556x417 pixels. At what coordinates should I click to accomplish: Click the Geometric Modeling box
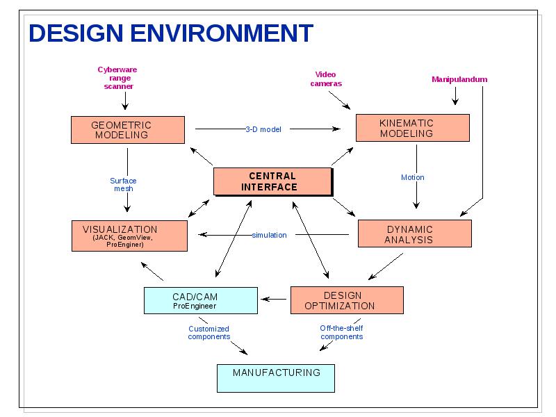(x=128, y=130)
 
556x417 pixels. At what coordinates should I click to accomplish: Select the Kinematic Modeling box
(x=413, y=128)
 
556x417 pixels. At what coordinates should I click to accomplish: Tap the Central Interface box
(x=273, y=181)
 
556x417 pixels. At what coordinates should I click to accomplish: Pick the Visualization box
(x=129, y=236)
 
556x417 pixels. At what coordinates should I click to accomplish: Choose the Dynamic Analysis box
(x=415, y=234)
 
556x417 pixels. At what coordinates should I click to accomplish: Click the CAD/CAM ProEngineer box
(x=201, y=300)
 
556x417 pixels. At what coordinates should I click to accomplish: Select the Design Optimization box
(x=347, y=300)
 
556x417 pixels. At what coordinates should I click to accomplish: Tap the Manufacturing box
(x=276, y=378)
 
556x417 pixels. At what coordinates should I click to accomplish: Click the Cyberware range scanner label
(x=117, y=78)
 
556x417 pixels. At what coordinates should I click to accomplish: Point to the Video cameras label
(x=326, y=79)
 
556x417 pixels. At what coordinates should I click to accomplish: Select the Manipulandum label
(x=459, y=79)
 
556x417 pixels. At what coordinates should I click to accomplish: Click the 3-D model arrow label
(x=263, y=129)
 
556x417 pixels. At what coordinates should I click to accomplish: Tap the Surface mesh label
(x=123, y=184)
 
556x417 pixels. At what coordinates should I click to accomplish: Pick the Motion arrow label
(x=412, y=177)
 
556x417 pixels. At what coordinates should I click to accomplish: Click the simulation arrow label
(x=269, y=235)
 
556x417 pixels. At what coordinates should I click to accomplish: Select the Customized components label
(x=209, y=333)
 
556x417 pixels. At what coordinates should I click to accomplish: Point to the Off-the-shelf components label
(x=341, y=332)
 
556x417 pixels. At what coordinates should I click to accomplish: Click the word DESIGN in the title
(x=76, y=33)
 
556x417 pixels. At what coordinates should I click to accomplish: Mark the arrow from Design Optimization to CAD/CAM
(x=274, y=300)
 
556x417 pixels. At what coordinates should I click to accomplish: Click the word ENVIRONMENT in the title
(x=222, y=33)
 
